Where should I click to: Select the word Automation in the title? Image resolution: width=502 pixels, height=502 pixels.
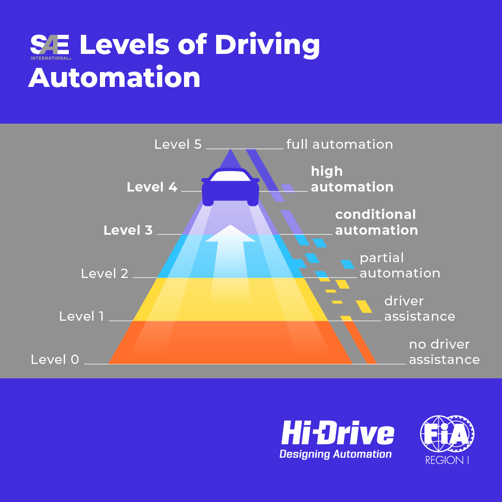(114, 78)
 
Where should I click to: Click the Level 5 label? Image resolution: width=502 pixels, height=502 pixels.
(178, 144)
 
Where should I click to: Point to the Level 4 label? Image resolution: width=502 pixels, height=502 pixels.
(152, 187)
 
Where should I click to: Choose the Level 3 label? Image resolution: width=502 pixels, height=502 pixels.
(128, 230)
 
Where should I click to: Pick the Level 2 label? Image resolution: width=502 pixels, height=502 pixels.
(105, 273)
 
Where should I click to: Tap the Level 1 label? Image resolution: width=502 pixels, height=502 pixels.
(81, 317)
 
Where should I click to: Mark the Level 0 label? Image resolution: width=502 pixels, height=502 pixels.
(55, 359)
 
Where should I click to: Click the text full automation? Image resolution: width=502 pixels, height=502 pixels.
(340, 144)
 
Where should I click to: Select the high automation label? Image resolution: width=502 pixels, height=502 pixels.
(352, 179)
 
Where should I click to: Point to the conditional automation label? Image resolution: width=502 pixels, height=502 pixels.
(376, 222)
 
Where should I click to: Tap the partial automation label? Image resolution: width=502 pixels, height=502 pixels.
(400, 265)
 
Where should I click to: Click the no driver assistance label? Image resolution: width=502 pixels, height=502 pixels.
(444, 352)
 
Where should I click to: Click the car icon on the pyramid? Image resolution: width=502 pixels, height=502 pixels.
(230, 186)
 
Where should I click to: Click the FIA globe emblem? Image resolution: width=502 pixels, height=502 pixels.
(447, 435)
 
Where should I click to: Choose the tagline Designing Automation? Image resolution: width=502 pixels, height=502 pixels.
(335, 454)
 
